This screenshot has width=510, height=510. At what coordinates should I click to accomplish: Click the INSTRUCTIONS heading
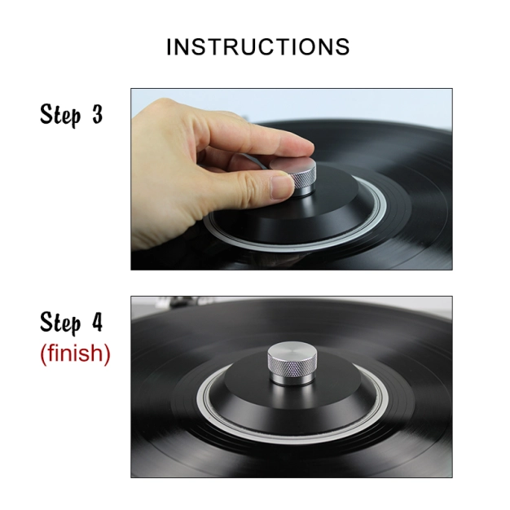coord(258,46)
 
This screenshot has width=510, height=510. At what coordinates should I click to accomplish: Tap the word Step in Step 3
coord(60,114)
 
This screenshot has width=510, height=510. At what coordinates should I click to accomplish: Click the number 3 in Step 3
coord(97,115)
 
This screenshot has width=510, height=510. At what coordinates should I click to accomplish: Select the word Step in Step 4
coord(60,323)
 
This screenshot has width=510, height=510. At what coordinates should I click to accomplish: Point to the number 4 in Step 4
coord(97,322)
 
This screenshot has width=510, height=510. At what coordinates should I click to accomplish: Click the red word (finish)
coord(75,354)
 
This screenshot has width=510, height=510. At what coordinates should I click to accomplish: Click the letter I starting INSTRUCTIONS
coord(169,47)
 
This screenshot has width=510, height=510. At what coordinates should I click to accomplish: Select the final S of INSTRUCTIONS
coord(342,47)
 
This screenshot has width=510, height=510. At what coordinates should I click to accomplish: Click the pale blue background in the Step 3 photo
coord(325,104)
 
